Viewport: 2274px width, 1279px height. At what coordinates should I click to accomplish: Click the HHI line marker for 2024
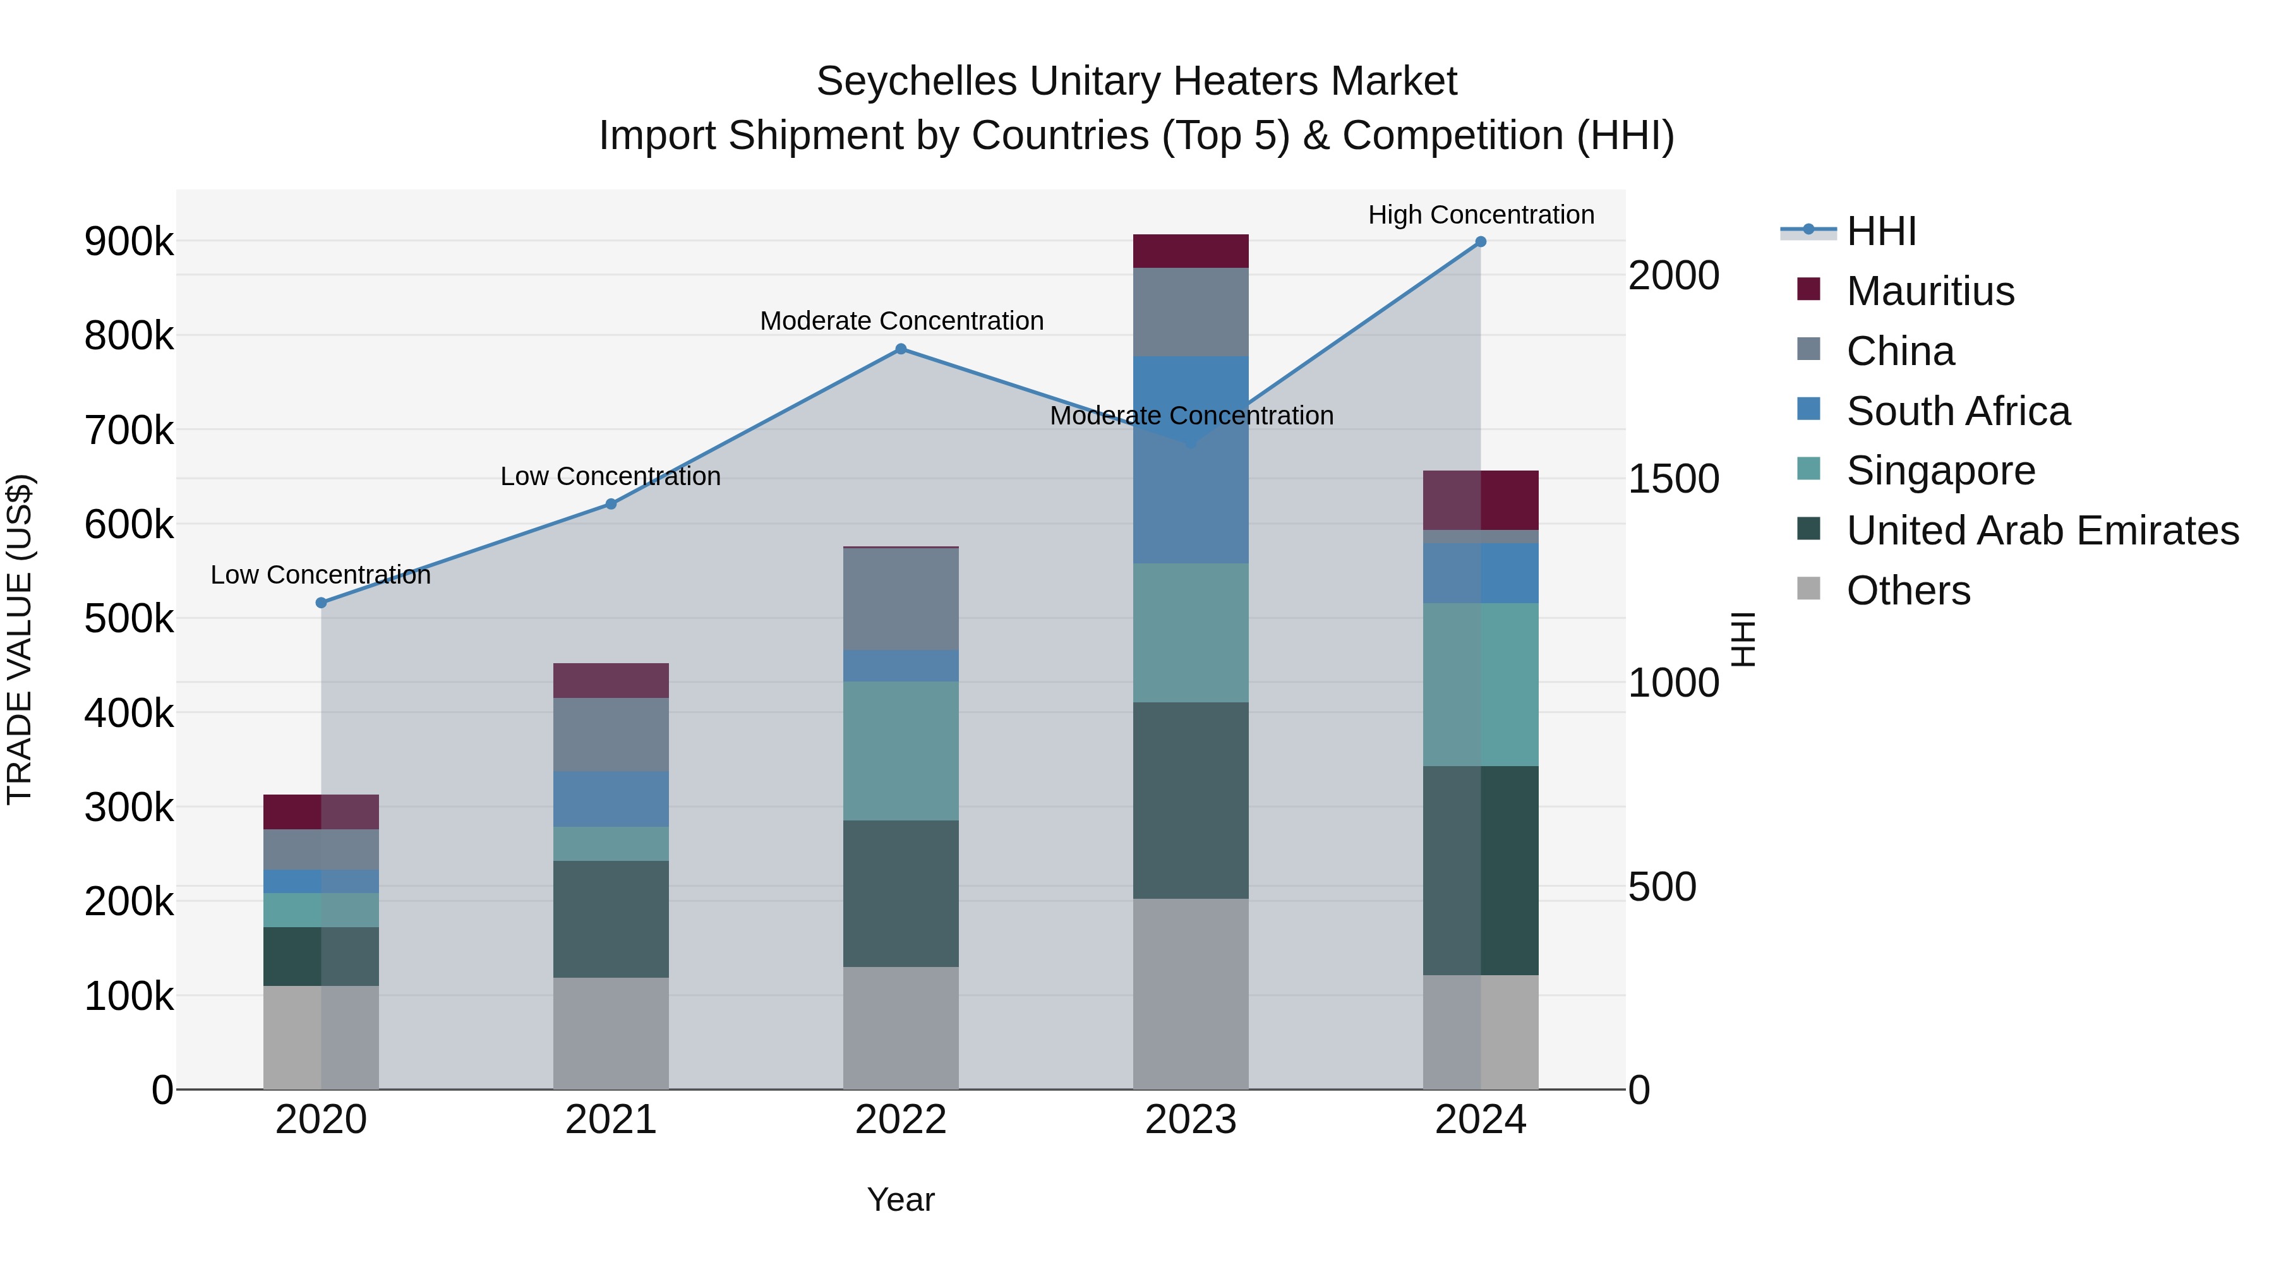[1481, 242]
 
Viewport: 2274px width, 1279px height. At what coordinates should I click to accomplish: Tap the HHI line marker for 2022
[900, 349]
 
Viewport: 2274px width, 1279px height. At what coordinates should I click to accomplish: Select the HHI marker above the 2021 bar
[611, 504]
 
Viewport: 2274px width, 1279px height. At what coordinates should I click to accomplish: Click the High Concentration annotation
[1481, 215]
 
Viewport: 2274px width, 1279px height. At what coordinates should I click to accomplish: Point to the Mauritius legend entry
[1930, 291]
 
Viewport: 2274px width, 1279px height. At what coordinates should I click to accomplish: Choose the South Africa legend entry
[1957, 411]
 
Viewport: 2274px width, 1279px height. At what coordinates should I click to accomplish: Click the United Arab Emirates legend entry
[2042, 531]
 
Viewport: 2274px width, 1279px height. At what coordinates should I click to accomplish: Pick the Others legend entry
[1908, 591]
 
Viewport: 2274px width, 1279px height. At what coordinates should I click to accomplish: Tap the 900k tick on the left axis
[129, 242]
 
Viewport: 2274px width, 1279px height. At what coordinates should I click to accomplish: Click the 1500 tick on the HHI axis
[1673, 479]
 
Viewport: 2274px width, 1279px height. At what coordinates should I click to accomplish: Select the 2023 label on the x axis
[1190, 1120]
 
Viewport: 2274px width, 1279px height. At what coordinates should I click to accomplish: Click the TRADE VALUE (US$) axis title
[20, 639]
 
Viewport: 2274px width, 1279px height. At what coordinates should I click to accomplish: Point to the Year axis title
[900, 1199]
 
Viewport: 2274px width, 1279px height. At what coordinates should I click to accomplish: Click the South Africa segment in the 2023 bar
[1190, 460]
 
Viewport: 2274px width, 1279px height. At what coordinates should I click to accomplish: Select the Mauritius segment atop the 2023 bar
[1190, 251]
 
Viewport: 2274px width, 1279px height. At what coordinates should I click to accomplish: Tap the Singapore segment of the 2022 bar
[900, 751]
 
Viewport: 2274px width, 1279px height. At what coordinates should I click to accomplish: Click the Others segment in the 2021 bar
[611, 1033]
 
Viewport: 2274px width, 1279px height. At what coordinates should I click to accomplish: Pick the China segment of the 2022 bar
[900, 599]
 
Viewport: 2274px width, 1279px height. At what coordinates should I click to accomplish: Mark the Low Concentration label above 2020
[320, 575]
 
